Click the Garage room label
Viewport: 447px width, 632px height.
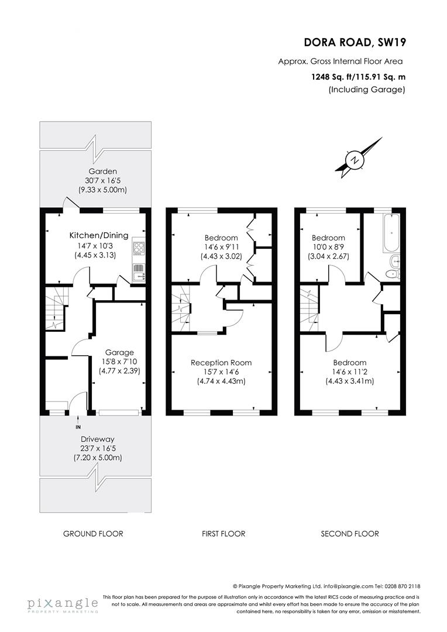coord(119,353)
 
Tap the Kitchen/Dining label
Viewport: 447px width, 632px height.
coord(99,235)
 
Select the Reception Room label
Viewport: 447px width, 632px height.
coord(221,363)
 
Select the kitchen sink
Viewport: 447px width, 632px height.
coord(138,272)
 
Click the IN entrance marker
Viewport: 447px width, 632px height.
coord(78,427)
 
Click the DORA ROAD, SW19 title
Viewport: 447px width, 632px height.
coord(355,42)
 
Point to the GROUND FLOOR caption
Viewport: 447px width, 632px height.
coord(93,534)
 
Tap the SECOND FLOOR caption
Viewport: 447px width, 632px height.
coord(350,534)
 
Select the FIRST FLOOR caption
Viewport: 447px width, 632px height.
coord(223,534)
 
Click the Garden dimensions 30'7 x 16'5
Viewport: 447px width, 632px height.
coord(103,181)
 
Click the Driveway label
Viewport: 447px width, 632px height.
coord(98,439)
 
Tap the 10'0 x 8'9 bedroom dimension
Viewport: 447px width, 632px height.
coord(328,247)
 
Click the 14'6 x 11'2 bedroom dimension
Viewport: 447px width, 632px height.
coord(350,372)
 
